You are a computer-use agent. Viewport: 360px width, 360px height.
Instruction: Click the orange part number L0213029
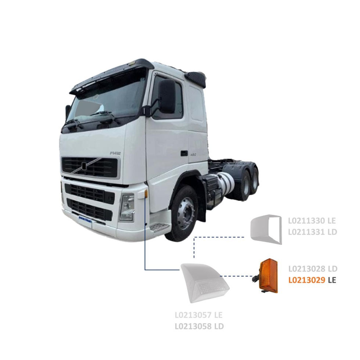(x=307, y=280)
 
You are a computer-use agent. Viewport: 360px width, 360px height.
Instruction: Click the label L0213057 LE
(x=198, y=315)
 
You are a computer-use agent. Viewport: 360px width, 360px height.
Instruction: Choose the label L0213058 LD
(x=198, y=326)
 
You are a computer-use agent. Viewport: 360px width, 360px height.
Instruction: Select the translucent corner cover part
(x=204, y=283)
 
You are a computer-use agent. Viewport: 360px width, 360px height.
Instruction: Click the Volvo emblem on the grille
(x=84, y=166)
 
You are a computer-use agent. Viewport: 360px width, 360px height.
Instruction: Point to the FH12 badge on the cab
(x=115, y=153)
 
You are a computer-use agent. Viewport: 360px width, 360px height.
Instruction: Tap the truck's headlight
(x=127, y=208)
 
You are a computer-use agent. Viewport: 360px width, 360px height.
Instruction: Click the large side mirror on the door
(x=167, y=96)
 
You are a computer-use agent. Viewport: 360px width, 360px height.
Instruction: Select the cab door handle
(x=184, y=153)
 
